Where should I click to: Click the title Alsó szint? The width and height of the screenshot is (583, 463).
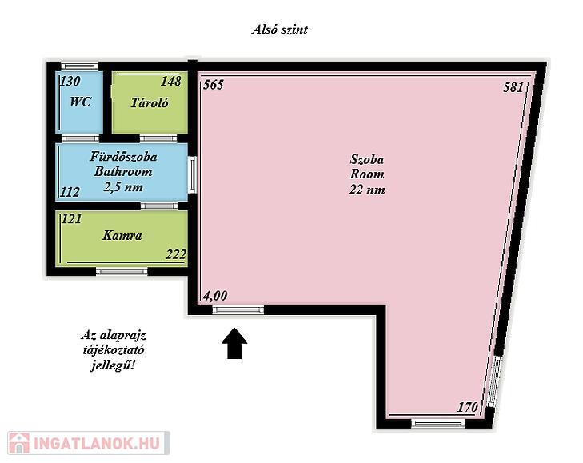pos(280,30)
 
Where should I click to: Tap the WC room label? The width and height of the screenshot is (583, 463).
pos(81,102)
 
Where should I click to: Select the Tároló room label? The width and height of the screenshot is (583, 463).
pos(150,102)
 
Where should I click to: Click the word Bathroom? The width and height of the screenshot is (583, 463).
pos(123,171)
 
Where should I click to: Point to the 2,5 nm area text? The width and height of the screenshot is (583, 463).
pos(123,186)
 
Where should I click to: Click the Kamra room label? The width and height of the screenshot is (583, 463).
pos(122,235)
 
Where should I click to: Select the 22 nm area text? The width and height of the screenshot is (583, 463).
pos(367,190)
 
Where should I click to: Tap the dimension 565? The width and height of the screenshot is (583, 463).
pos(214,85)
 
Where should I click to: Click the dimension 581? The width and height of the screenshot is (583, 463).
pos(513,87)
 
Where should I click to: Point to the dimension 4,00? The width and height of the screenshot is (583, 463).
pos(215,296)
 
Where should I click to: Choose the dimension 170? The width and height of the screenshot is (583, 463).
pos(467,407)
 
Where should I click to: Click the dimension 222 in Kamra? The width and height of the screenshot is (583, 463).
pos(176,255)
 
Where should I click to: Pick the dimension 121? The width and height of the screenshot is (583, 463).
pos(71,218)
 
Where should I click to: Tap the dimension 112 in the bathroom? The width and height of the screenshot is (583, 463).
pos(70,192)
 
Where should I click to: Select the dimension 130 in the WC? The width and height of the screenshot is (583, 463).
pos(70,81)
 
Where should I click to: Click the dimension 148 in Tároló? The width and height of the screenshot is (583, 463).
pos(171,81)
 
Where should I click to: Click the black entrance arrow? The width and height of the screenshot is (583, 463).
pos(234,343)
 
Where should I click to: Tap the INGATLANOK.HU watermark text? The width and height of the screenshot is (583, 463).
pos(97,443)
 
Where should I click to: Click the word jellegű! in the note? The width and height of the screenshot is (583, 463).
pos(112,366)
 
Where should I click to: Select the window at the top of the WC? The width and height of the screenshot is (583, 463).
pos(79,66)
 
